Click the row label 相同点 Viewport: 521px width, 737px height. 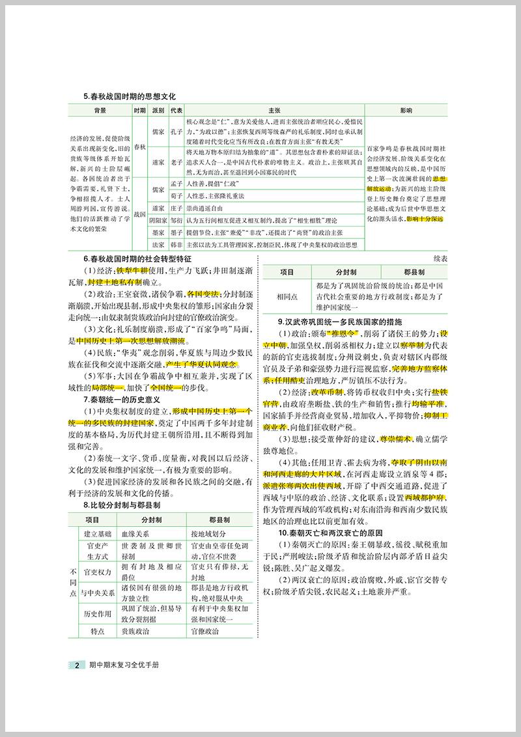(x=287, y=296)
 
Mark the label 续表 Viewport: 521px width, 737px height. (x=440, y=258)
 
